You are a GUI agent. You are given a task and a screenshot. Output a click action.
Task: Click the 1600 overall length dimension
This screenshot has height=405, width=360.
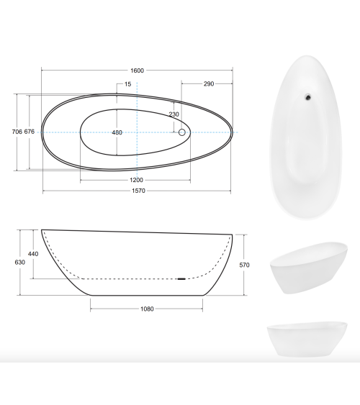137,70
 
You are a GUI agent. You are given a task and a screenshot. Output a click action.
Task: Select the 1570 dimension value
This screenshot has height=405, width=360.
138,191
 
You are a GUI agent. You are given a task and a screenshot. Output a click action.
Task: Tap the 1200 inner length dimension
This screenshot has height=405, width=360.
136,180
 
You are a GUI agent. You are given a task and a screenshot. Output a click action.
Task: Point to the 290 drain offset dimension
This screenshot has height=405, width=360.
209,84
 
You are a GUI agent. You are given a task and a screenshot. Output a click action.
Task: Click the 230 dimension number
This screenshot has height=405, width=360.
174,114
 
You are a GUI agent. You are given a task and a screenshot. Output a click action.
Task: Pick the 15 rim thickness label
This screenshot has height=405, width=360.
127,84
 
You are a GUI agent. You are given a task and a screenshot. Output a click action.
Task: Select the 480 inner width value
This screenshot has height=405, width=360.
117,132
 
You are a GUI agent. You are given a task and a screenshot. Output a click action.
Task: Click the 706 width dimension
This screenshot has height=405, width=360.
17,132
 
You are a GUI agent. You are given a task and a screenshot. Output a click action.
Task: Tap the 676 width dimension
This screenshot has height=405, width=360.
30,132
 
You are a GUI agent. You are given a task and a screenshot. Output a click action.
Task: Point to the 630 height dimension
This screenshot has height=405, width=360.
20,263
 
